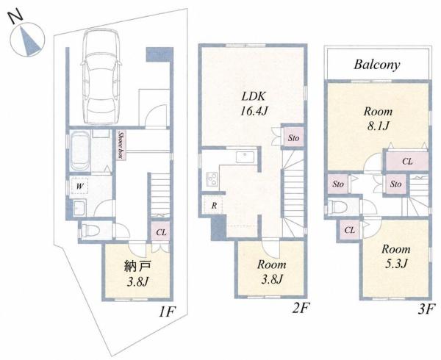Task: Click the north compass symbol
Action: [x=27, y=40]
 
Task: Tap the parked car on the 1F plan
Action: [x=101, y=77]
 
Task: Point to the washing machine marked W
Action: [x=80, y=186]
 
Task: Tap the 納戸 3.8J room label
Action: [x=137, y=273]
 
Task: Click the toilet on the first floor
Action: [x=90, y=231]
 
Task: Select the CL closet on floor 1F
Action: [x=161, y=232]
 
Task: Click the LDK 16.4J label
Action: [x=254, y=104]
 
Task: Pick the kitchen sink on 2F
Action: [x=245, y=156]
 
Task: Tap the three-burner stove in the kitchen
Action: [x=211, y=179]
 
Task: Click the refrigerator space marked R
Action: [x=215, y=206]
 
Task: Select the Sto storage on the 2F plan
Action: [x=293, y=137]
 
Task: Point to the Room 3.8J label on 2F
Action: [x=272, y=272]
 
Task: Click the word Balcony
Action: [x=376, y=65]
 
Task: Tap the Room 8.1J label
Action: [x=378, y=118]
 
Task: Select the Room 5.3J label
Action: [x=396, y=256]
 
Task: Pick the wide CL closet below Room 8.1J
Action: [x=407, y=162]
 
